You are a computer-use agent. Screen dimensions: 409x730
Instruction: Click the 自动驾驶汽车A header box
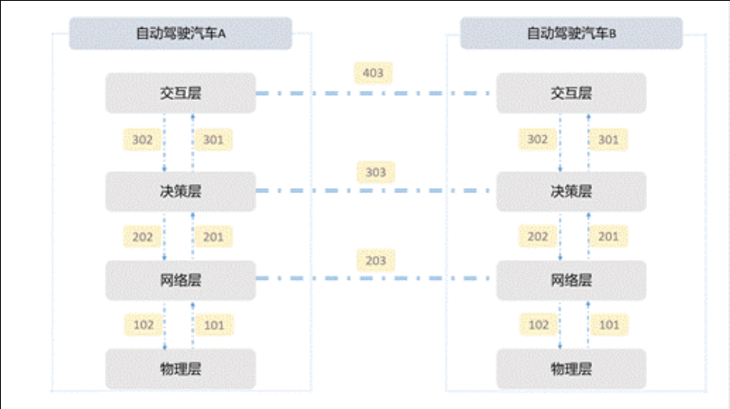click(x=180, y=34)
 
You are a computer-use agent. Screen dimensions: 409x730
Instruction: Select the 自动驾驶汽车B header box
click(x=571, y=34)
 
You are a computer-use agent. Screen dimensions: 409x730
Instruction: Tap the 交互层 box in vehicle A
click(x=180, y=94)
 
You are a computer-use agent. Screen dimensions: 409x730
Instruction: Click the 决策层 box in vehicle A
click(x=180, y=191)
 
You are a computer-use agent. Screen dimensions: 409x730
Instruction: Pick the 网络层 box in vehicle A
click(x=180, y=279)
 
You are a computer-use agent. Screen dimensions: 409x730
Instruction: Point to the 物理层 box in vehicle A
click(x=180, y=368)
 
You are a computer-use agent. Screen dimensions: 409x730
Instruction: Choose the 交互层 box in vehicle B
click(x=571, y=94)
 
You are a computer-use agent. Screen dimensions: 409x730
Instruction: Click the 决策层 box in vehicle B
click(x=571, y=191)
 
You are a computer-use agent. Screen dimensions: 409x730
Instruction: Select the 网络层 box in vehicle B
click(x=571, y=279)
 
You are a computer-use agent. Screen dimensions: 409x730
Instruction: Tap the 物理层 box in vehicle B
click(x=571, y=368)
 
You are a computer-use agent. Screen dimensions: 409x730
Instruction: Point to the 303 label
click(x=374, y=171)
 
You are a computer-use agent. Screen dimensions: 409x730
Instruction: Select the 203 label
click(x=375, y=260)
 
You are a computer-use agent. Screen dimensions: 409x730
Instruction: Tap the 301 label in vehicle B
click(x=608, y=140)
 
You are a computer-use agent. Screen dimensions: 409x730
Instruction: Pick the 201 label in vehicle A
click(x=213, y=237)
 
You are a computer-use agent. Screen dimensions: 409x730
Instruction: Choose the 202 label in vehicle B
click(x=537, y=237)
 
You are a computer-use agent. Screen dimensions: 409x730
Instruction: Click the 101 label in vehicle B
click(x=608, y=324)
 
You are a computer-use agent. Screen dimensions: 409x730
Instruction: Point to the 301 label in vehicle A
click(x=213, y=140)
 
